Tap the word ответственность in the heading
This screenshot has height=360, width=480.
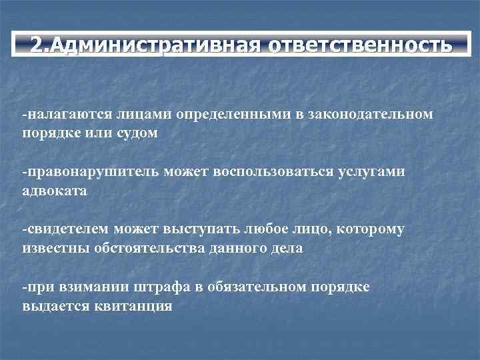[360, 45]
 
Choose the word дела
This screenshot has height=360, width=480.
[287, 248]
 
